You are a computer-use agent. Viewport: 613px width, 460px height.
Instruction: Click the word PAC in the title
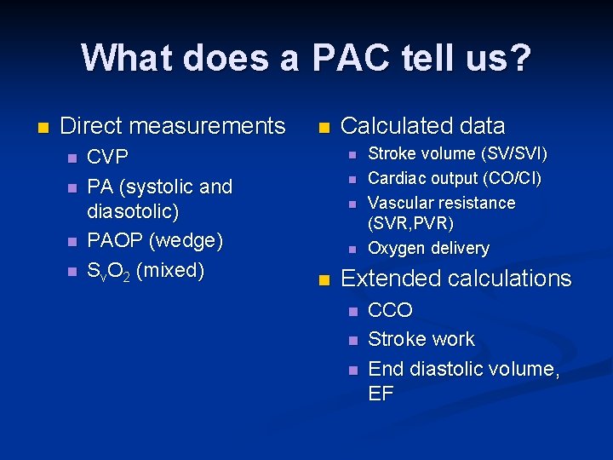pyautogui.click(x=351, y=58)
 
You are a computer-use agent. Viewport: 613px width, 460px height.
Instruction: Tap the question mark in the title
pyautogui.click(x=519, y=58)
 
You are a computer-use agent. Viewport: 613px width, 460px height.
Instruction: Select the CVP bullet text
pyautogui.click(x=108, y=158)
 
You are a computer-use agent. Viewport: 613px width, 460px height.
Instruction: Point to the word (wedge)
pyautogui.click(x=186, y=240)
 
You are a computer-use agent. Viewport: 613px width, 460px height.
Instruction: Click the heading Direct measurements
pyautogui.click(x=173, y=126)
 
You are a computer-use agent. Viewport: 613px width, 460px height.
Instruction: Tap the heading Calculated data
pyautogui.click(x=422, y=126)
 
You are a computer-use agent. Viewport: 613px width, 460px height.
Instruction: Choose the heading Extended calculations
pyautogui.click(x=455, y=279)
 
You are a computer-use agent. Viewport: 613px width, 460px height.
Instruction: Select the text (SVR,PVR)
pyautogui.click(x=410, y=224)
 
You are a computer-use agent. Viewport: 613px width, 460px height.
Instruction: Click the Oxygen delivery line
pyautogui.click(x=428, y=249)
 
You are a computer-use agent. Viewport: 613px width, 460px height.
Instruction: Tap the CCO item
pyautogui.click(x=390, y=310)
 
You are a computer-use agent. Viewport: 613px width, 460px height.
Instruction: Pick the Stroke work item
pyautogui.click(x=421, y=339)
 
